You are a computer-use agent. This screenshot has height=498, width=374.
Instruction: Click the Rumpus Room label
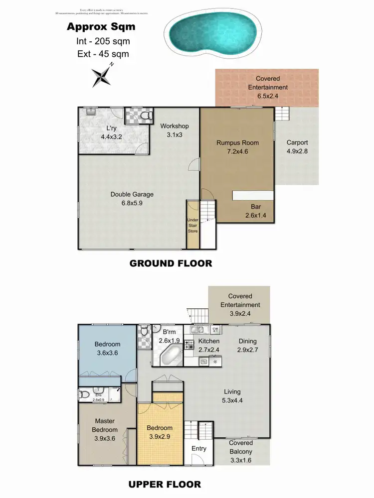237,143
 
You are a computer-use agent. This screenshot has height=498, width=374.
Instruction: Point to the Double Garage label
132,194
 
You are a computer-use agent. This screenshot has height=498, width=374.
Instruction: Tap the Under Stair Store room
192,225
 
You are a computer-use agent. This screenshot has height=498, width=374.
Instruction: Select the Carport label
297,142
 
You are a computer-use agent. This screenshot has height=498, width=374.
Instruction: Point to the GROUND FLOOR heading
171,263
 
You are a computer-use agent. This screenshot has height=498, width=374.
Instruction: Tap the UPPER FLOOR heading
165,484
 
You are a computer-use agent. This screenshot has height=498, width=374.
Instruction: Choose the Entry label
199,448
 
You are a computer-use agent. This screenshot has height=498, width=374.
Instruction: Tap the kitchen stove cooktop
189,344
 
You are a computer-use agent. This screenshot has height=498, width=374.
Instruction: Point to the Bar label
256,207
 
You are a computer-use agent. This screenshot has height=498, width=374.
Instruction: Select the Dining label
247,341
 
